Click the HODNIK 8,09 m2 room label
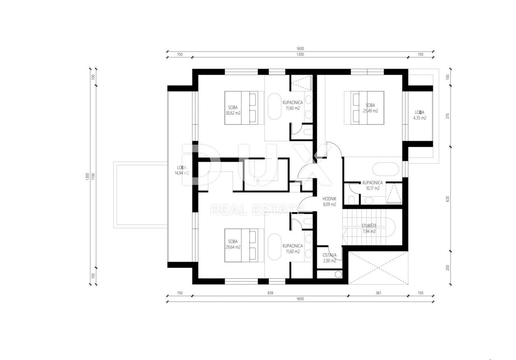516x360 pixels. point(329,201)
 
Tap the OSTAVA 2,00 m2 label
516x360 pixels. point(329,258)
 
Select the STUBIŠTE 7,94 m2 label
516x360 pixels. point(369,229)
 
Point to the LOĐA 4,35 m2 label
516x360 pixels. point(420,115)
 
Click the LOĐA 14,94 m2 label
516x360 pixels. point(182,170)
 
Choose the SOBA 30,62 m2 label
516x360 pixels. point(233,110)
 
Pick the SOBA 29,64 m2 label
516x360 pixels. point(233,244)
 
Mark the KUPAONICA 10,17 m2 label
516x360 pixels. point(372,186)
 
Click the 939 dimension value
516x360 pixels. point(270,293)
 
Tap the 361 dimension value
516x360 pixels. point(378,293)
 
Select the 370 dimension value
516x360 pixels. point(448,116)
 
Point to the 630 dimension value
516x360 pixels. point(448,199)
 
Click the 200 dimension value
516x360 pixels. point(448,268)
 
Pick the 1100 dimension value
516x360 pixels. point(93,177)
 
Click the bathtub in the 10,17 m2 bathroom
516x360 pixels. point(386,169)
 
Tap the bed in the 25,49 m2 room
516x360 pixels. point(364,108)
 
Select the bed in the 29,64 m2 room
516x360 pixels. point(244,245)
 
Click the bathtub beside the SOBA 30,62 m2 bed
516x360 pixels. point(275,107)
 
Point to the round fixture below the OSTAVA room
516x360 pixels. point(338,274)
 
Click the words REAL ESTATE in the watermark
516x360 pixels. point(256,210)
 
